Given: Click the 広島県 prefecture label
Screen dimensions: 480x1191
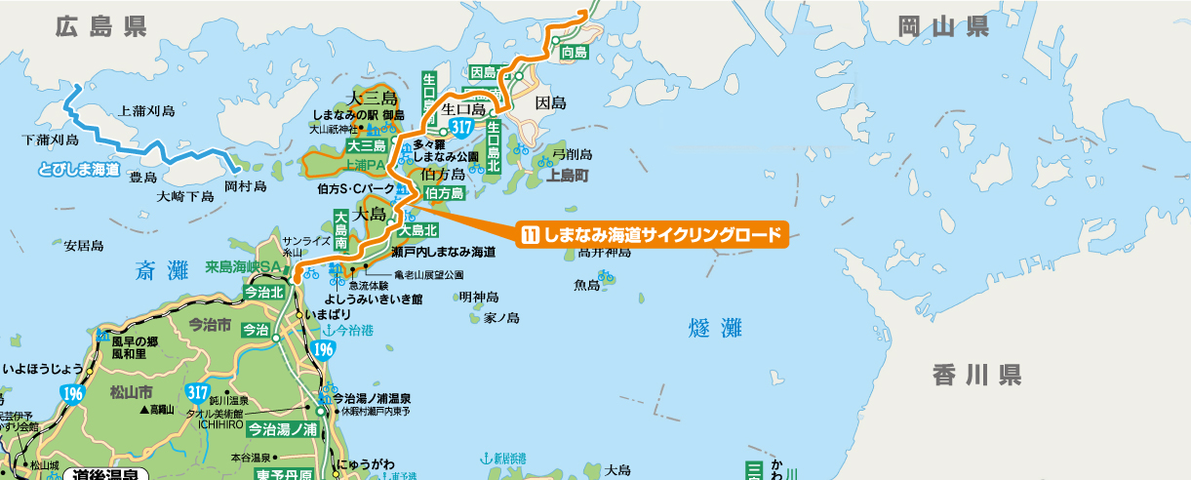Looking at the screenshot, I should (x=100, y=27).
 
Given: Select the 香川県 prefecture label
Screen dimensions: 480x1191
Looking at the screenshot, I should (x=976, y=374).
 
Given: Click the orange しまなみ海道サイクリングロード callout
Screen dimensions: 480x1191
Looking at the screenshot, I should (x=653, y=235).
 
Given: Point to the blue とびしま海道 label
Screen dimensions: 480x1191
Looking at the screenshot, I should (x=79, y=170).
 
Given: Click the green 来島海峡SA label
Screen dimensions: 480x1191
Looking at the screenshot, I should (x=243, y=266).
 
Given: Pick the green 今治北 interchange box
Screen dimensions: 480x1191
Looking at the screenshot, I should (x=263, y=292).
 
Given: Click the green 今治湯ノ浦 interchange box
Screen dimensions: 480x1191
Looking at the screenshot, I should (x=282, y=428).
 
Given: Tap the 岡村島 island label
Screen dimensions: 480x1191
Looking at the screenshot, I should (x=245, y=185).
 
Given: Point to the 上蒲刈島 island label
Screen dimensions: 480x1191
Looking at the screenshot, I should (x=145, y=111).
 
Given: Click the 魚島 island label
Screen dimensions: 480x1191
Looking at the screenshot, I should (x=587, y=285).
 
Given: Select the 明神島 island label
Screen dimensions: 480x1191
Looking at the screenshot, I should (x=479, y=297).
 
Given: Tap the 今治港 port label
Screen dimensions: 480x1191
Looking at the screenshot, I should (x=354, y=331).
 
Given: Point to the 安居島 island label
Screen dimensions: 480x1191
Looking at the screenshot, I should (x=84, y=246).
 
